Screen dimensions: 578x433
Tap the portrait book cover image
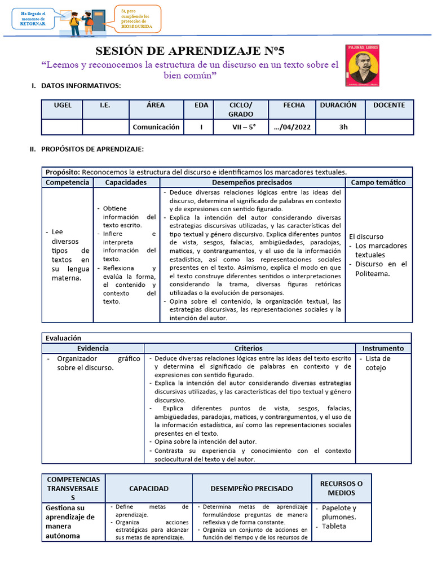[x=362, y=65]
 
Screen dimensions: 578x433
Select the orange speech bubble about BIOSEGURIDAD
[x=138, y=19]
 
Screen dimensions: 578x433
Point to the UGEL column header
[x=63, y=105]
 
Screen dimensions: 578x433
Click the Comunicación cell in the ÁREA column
[x=156, y=127]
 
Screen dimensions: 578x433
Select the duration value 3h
[x=343, y=127]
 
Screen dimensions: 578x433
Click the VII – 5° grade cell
[x=244, y=127]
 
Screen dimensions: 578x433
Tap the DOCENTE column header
[x=389, y=105]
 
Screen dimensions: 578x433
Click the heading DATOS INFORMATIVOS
[x=81, y=85]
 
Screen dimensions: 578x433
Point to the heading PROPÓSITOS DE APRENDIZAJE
[x=92, y=149]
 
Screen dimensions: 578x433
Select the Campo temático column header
[x=378, y=182]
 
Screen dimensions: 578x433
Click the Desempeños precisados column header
[x=252, y=182]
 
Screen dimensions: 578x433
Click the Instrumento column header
[x=383, y=348]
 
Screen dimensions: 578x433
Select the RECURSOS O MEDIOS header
[x=341, y=488]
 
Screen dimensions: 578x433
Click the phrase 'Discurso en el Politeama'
[x=381, y=269]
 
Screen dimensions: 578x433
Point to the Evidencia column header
[x=93, y=348]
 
